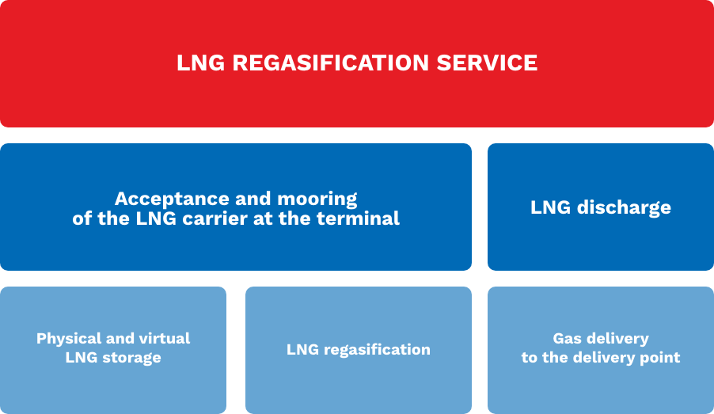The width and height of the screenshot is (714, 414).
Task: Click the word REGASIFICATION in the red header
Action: [x=331, y=63]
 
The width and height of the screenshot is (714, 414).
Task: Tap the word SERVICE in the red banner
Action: [x=487, y=63]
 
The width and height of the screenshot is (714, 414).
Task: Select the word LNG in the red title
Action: [x=201, y=63]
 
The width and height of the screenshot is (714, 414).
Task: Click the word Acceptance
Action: [x=172, y=199]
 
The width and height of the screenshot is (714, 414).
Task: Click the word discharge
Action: [x=624, y=208]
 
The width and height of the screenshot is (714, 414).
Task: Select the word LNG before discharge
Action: [x=550, y=207]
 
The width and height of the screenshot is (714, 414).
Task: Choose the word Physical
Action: [x=69, y=339]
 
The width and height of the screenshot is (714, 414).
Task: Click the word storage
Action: [x=131, y=358]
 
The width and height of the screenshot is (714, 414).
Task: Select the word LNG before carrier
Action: [x=156, y=218]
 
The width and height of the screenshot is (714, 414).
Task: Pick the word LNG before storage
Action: [x=82, y=358]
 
